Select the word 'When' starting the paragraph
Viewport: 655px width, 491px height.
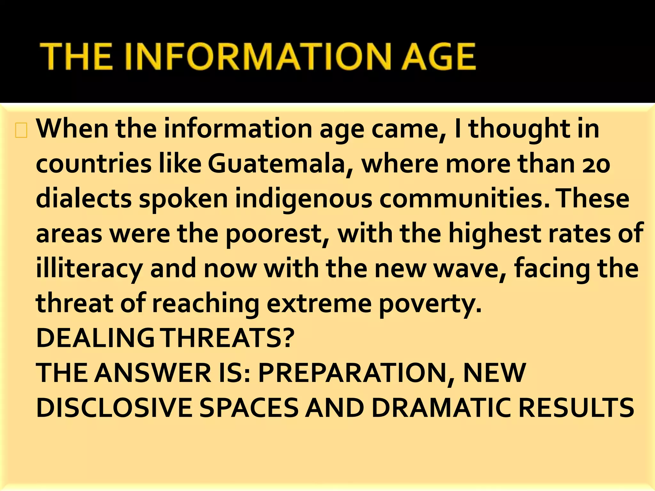coord(72,129)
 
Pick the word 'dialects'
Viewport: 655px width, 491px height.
coord(83,199)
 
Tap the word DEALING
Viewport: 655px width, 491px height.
coord(95,338)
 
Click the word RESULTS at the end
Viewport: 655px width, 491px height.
coord(576,408)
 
